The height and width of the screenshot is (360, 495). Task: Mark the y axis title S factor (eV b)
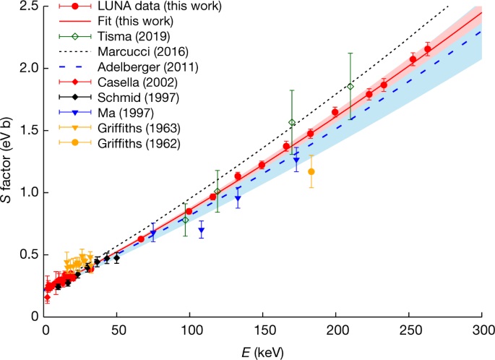click(x=8, y=161)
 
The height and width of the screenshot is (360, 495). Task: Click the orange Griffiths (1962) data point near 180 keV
click(x=311, y=171)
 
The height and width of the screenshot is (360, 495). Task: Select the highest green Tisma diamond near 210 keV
click(x=350, y=87)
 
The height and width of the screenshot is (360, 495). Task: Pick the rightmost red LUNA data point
click(x=427, y=49)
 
